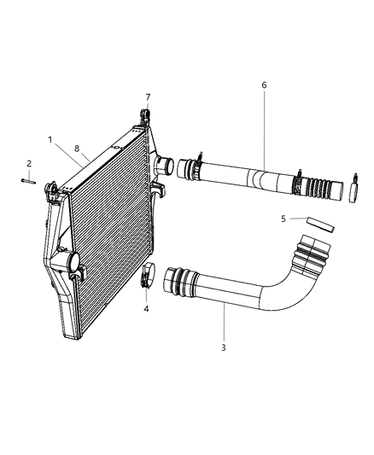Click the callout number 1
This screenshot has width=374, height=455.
point(50,139)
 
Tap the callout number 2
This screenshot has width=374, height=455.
point(28,162)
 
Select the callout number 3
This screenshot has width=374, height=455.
point(225,347)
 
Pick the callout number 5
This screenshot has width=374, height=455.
point(283,219)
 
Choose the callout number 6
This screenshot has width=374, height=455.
point(264,85)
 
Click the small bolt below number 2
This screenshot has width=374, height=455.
point(28,180)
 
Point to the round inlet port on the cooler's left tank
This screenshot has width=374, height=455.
point(70,263)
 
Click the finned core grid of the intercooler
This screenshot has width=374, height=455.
point(107,230)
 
